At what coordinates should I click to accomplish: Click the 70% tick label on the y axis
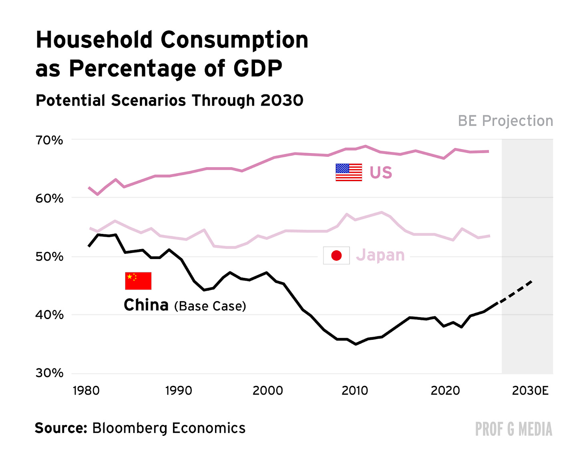49,140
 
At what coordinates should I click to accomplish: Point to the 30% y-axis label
49,373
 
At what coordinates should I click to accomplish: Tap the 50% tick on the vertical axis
49,257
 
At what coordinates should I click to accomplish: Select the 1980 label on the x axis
86,390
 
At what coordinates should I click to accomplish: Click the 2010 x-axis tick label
355,390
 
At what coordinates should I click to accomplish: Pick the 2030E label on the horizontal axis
530,390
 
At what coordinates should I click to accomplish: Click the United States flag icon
349,172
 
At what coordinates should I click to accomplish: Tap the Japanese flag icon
336,255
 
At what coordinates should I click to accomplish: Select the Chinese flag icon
138,281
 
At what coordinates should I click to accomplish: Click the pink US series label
381,173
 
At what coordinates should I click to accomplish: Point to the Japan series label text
380,255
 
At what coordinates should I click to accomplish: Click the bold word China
146,305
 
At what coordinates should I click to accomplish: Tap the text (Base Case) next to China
210,306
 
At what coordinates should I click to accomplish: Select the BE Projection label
505,121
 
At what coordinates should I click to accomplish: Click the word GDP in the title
257,68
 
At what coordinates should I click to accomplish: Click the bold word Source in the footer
60,428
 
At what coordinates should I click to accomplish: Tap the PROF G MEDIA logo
513,429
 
